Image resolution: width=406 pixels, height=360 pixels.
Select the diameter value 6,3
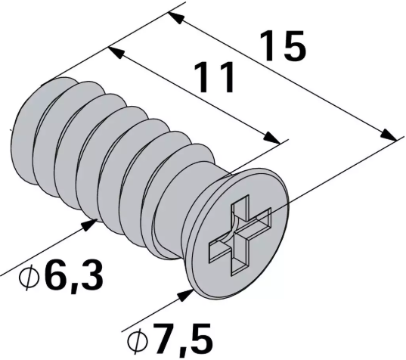70,277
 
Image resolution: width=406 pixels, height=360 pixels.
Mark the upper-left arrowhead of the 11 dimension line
113,52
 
